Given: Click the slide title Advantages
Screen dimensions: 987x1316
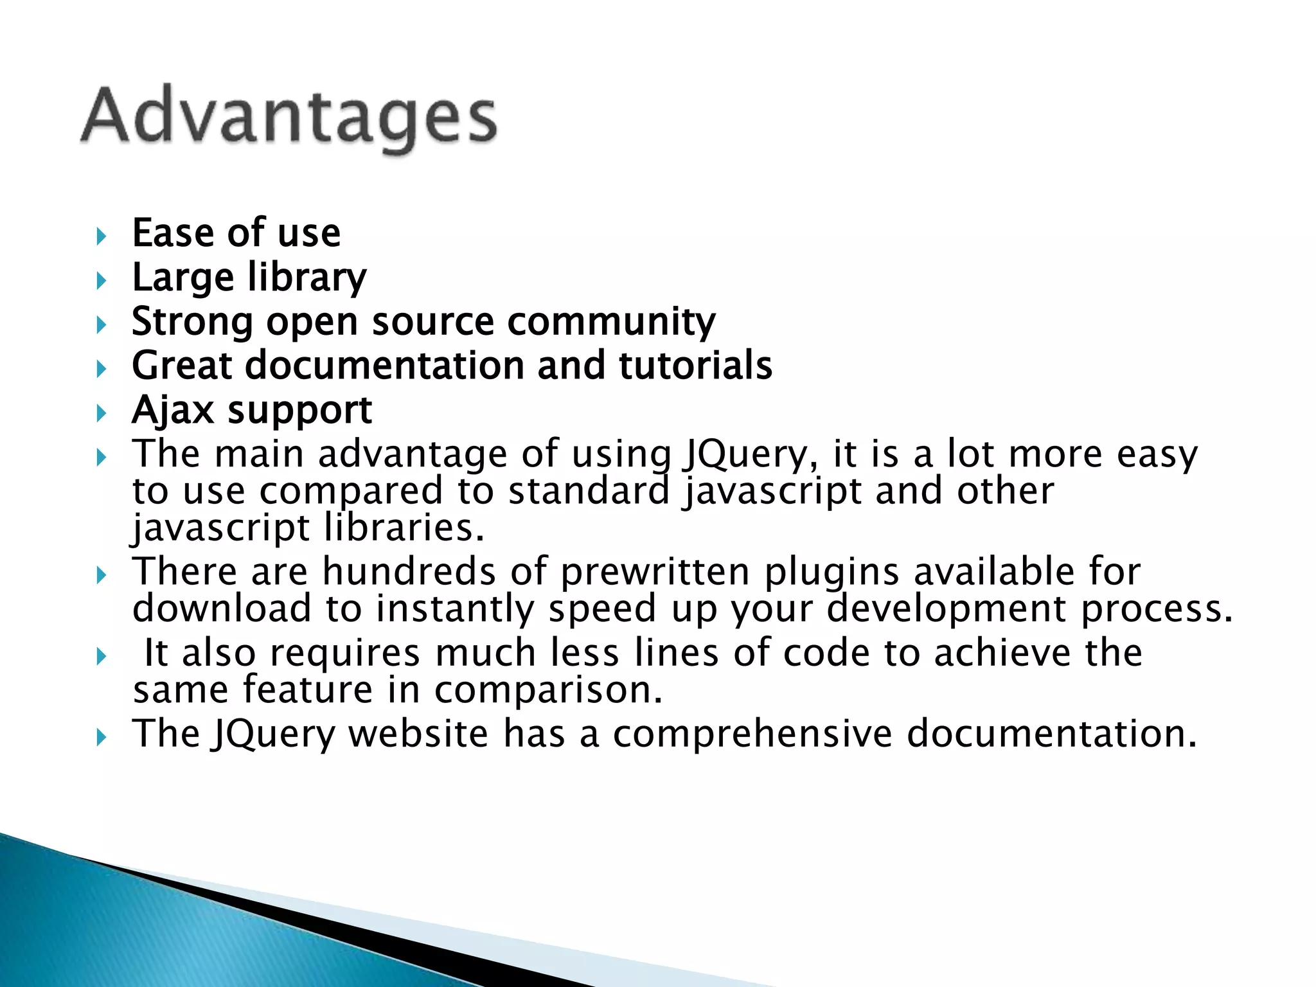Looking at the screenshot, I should click(289, 118).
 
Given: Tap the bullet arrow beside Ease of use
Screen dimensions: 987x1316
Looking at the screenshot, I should click(100, 236).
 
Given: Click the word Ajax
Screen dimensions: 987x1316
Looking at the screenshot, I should click(172, 410).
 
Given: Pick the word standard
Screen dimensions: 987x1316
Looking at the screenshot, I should click(589, 491).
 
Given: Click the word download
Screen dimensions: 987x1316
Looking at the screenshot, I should click(221, 608).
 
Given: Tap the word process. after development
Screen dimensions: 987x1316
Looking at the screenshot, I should click(1157, 609).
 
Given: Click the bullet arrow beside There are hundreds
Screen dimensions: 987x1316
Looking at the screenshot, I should click(100, 575).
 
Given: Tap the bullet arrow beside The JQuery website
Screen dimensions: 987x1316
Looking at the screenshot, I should click(100, 738).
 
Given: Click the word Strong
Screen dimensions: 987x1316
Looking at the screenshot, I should click(192, 321).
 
